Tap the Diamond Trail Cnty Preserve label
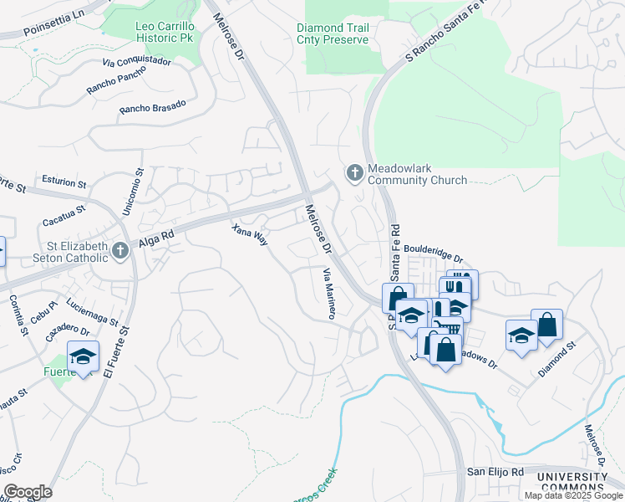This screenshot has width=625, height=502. [x=343, y=33]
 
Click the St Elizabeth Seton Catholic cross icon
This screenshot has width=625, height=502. [x=121, y=251]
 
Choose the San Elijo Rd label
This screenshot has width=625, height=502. [x=495, y=472]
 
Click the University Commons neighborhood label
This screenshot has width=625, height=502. [x=572, y=482]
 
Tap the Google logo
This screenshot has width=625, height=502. [x=28, y=492]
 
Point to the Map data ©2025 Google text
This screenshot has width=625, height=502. [x=573, y=495]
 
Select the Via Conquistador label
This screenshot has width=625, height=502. [x=136, y=62]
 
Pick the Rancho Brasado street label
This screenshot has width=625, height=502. [x=152, y=106]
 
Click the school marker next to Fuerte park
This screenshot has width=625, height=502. [x=83, y=356]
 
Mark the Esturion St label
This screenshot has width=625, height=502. [x=64, y=182]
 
